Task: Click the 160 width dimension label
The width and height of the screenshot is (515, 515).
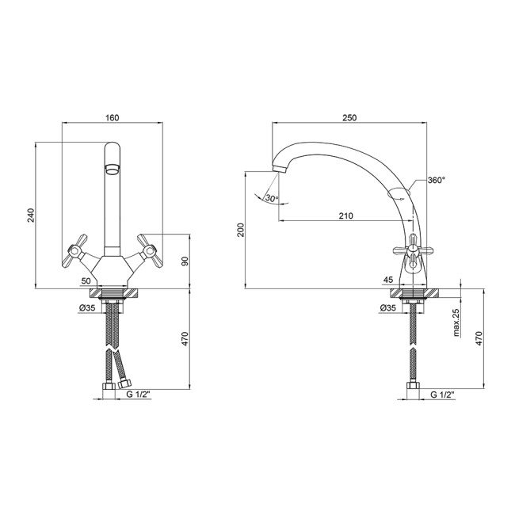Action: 113,117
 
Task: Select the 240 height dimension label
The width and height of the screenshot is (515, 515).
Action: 31,216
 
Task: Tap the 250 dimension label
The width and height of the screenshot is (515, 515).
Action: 349,117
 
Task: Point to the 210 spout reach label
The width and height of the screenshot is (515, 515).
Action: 346,216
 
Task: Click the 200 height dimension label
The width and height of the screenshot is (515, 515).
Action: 241,230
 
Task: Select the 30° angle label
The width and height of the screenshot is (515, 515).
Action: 272,198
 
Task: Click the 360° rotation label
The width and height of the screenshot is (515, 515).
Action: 437,180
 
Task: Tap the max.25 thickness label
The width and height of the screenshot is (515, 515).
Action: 456,322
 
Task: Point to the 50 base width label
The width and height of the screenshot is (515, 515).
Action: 86,280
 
